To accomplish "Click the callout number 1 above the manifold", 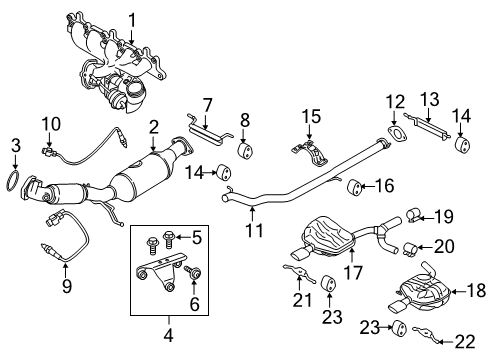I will pos(131,19).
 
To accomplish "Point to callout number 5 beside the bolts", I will pos(197,237).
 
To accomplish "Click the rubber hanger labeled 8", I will pos(243,152).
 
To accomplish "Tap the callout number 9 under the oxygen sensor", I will pos(67,287).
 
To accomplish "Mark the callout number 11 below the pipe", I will pos(254,231).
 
